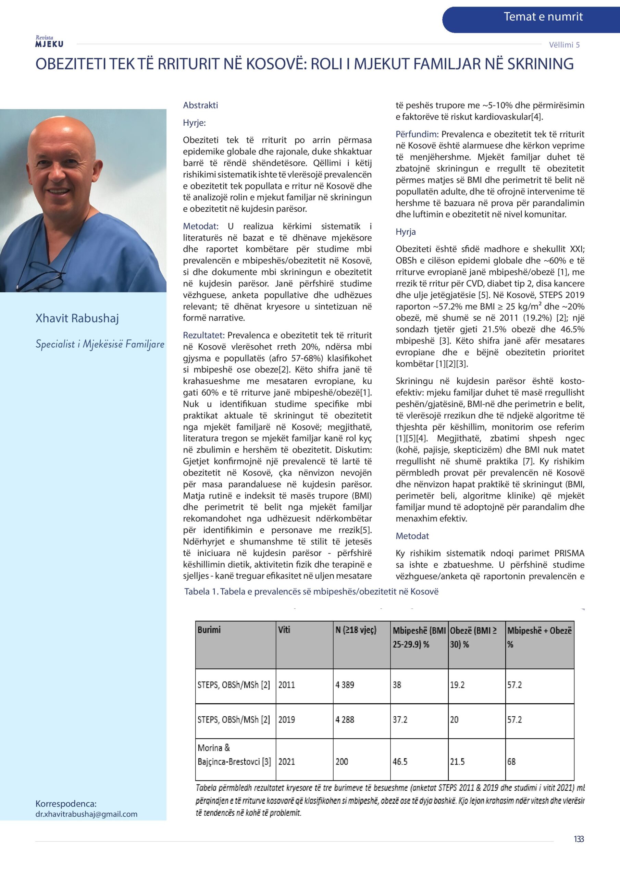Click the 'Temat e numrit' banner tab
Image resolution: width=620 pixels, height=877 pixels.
pos(543,17)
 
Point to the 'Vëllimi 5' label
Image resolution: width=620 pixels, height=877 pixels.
pos(564,45)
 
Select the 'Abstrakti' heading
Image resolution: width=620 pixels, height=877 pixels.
pos(200,106)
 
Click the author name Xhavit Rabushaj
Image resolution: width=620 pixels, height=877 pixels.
pos(77,318)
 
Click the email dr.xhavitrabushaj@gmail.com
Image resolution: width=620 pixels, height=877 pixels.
pos(86,814)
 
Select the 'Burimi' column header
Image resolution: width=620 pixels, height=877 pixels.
pos(209,630)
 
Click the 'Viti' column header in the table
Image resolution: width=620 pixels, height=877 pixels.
pos(284,630)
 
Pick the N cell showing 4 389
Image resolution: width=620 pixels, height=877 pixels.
pos(345,684)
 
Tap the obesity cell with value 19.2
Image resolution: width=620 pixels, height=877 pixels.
pos(457,684)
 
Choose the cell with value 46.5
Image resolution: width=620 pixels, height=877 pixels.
pos(400,761)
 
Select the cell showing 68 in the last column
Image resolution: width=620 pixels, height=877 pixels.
pos(511,761)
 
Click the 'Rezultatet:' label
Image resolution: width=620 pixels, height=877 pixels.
pos(203,335)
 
